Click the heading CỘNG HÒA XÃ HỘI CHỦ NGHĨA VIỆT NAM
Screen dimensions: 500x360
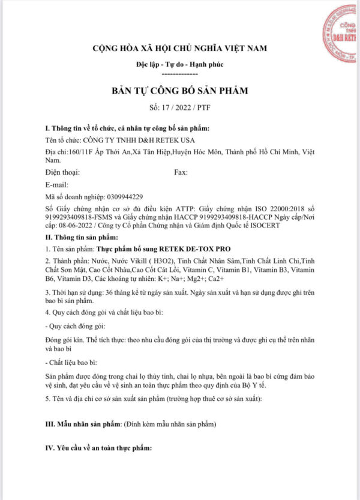(179, 48)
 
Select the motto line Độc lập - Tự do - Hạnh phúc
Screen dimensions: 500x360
(179, 64)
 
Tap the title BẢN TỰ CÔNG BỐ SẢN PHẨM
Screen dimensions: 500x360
(179, 91)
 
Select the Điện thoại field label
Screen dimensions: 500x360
(62, 172)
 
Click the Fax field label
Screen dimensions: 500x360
(181, 172)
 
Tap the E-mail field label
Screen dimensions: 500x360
(57, 184)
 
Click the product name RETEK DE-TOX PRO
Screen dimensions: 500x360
(197, 248)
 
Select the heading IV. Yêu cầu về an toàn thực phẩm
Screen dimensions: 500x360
(99, 448)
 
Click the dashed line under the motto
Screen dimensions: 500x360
(179, 73)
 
